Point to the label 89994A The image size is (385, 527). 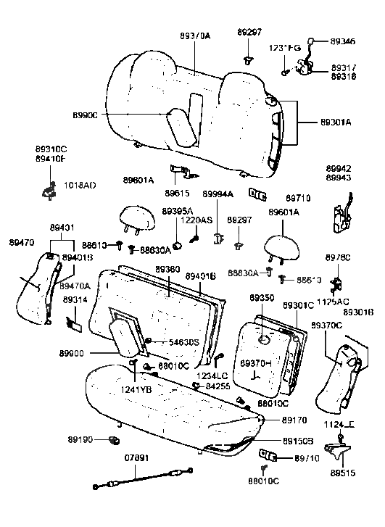point(218,194)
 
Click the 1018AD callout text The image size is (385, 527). point(80,186)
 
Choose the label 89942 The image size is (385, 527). point(339,166)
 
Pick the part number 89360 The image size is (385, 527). point(167,270)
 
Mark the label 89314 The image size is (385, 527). point(74,299)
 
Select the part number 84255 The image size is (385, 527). point(218,386)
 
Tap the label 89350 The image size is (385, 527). point(262,298)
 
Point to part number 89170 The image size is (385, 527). point(294,419)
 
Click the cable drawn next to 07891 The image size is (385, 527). point(137,481)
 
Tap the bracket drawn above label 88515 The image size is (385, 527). point(336,451)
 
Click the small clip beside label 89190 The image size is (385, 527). point(112,440)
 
